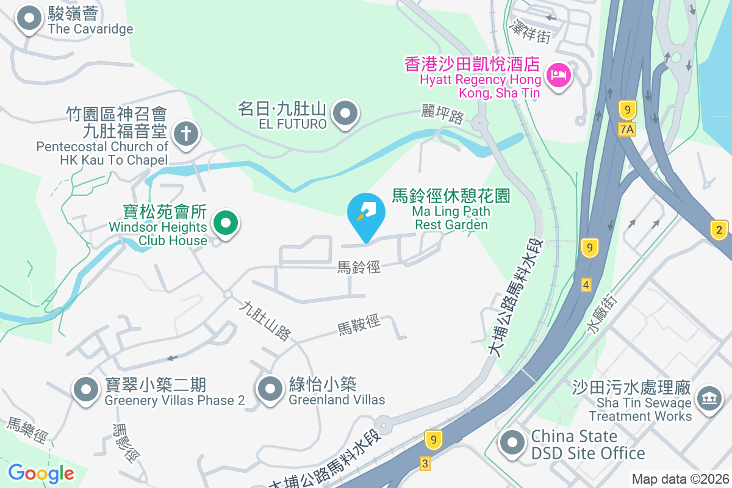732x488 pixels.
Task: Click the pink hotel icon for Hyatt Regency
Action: coord(559,76)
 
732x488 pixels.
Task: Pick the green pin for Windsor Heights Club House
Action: coord(226,223)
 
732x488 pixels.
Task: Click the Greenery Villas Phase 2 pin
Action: coord(86,389)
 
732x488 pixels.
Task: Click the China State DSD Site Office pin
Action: coord(512,443)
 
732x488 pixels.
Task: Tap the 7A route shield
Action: coord(626,129)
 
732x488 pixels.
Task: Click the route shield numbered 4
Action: coord(586,284)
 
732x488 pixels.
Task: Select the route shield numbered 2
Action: coord(720,230)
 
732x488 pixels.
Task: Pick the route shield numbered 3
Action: coord(425,464)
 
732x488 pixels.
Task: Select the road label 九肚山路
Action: coord(265,321)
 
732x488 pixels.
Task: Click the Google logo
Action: coord(41,473)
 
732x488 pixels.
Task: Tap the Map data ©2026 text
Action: coord(680,479)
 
